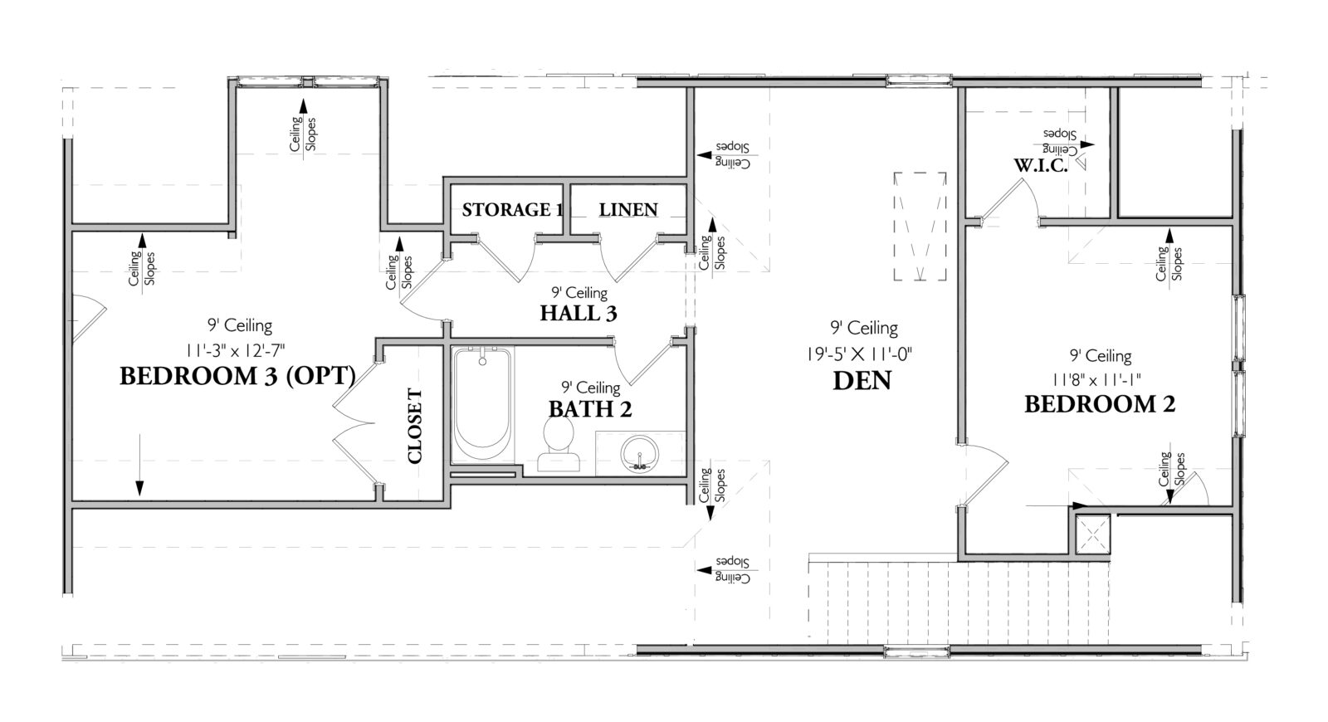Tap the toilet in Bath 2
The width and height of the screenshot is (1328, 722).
(x=558, y=444)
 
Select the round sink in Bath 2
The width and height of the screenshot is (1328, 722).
(x=640, y=454)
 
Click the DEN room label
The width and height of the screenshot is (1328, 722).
(x=863, y=381)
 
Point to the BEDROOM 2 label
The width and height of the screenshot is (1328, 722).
(x=1099, y=405)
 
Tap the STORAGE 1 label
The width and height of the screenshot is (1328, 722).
(x=506, y=209)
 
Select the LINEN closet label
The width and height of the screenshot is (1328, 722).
(x=628, y=209)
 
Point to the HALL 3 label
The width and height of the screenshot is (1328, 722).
(x=579, y=313)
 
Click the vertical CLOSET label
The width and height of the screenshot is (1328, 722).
(x=415, y=426)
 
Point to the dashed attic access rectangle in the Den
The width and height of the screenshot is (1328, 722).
(x=920, y=227)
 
